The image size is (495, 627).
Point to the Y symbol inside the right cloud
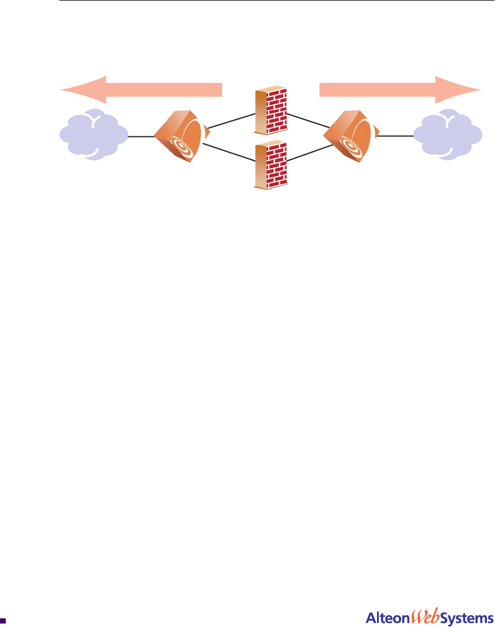click(x=448, y=119)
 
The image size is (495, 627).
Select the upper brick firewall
click(x=271, y=110)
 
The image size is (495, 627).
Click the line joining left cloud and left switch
click(x=140, y=137)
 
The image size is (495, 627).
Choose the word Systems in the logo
click(x=462, y=618)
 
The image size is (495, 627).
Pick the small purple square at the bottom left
click(x=3, y=621)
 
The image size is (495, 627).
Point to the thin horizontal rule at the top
click(x=276, y=1)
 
